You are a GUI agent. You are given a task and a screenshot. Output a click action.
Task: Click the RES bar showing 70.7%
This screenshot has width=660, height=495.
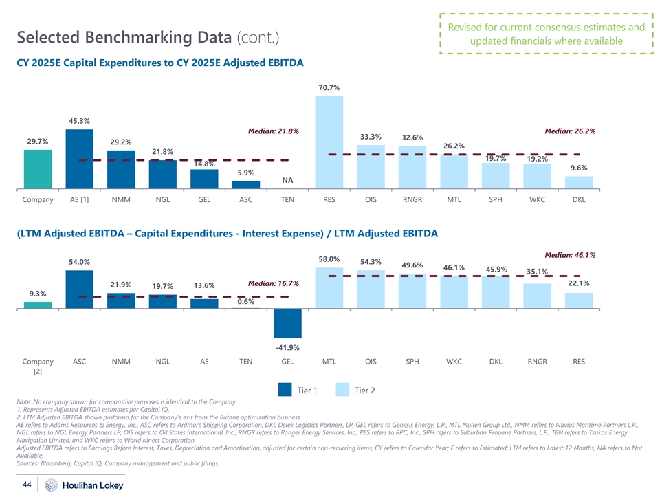(x=329, y=142)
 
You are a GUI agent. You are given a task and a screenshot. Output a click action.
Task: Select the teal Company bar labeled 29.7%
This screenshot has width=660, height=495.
(x=38, y=168)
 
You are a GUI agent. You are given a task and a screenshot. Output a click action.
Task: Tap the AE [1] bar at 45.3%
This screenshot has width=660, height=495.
(x=79, y=158)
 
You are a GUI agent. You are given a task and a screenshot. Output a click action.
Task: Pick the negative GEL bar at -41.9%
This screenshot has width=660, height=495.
(x=287, y=323)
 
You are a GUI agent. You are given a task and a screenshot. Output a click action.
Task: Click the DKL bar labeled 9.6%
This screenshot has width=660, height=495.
(x=579, y=181)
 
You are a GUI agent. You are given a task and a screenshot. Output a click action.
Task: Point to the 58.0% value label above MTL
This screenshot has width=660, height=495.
(x=329, y=259)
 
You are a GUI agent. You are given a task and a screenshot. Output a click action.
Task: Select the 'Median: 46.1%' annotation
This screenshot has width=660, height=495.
(x=570, y=255)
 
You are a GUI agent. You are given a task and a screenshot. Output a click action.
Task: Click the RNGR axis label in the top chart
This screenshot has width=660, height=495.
(x=412, y=201)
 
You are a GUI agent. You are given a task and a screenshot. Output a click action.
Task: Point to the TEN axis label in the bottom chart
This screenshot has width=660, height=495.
(x=245, y=361)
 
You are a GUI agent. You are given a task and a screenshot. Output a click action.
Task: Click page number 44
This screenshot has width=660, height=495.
(x=28, y=485)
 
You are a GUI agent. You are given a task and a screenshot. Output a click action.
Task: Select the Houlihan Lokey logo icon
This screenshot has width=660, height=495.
(x=50, y=485)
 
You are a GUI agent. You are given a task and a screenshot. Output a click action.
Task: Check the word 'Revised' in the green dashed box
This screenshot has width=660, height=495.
(x=467, y=27)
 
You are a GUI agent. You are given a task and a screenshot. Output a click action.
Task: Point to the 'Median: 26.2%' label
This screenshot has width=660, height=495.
(x=570, y=131)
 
